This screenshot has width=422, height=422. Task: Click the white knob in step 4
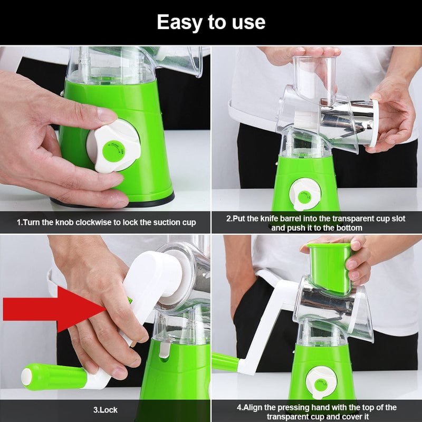pyautogui.click(x=321, y=381)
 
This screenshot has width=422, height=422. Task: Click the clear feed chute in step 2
pyautogui.click(x=315, y=79)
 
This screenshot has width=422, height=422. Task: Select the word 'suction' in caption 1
pyautogui.click(x=167, y=223)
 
